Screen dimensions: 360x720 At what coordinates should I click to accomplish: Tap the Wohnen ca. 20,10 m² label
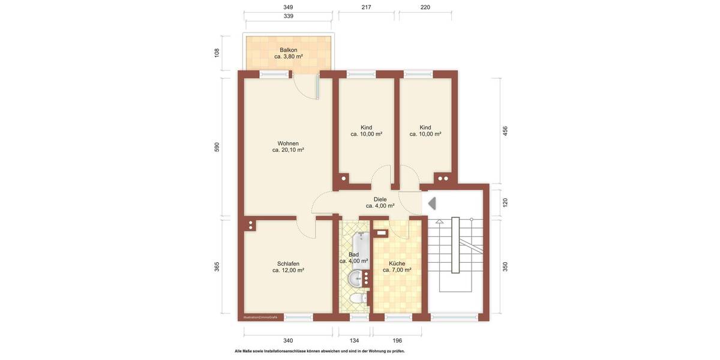coord(288,146)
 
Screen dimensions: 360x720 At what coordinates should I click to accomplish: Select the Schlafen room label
coord(288,267)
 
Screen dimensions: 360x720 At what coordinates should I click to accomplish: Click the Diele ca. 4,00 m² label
coord(380,202)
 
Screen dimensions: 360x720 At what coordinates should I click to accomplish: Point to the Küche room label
coord(397,267)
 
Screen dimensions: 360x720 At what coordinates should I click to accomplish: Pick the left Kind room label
coord(366,131)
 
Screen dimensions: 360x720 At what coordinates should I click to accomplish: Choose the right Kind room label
coord(425,131)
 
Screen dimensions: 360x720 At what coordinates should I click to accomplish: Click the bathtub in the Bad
coord(361,246)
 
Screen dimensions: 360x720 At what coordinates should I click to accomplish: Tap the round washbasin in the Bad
coord(356,278)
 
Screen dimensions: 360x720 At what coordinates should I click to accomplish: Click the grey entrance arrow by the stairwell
coord(431,203)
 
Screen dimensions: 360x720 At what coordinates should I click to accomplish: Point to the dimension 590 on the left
coord(217,147)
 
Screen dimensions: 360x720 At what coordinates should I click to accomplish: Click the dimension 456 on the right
coord(505,130)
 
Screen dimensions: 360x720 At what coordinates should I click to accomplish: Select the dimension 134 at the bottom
coord(355,341)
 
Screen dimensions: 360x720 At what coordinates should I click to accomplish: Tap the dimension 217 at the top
coord(366,7)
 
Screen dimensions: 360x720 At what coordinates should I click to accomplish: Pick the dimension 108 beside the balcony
coord(217,53)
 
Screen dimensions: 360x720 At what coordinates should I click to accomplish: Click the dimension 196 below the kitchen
coord(397,341)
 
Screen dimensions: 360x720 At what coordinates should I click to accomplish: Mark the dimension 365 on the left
coord(217,266)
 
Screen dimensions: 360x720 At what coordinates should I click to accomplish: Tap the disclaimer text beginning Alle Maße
coord(319,351)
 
